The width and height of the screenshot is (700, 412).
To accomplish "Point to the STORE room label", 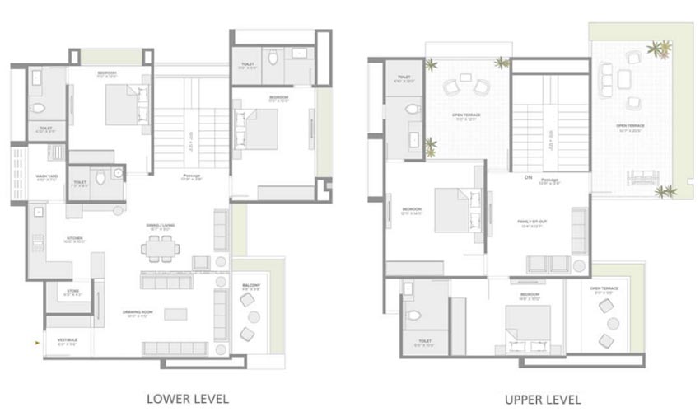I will click(72, 293).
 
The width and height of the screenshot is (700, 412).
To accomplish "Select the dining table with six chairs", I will click(158, 246).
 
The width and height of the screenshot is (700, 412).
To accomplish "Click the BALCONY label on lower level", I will click(251, 288).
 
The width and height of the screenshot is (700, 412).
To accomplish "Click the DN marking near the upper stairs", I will click(528, 176).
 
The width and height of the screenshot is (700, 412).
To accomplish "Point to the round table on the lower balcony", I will click(254, 317).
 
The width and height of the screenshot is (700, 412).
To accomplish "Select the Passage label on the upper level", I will click(551, 181).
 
